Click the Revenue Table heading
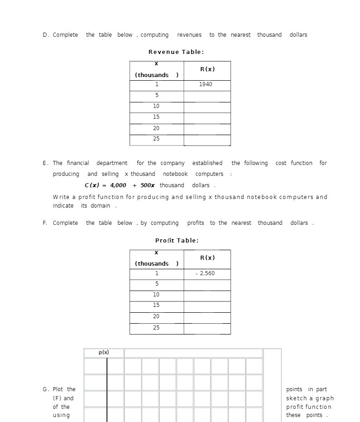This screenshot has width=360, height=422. click(176, 52)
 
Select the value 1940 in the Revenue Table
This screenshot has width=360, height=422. click(205, 84)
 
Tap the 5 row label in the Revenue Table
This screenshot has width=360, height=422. click(156, 95)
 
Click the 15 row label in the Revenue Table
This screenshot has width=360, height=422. click(156, 117)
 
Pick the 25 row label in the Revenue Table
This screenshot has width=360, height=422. click(156, 139)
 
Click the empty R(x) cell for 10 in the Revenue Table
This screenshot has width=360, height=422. click(207, 107)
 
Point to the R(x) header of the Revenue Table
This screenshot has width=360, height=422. click(207, 69)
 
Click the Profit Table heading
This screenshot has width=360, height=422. click(177, 241)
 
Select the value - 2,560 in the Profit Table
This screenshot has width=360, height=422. click(205, 273)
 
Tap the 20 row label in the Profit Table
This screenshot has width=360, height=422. click(156, 316)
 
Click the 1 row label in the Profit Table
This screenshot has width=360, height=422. click(156, 273)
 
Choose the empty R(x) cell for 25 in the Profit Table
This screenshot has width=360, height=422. click(207, 328)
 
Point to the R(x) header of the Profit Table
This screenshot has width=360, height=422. click(207, 258)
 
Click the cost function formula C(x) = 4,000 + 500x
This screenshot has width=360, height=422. click(120, 185)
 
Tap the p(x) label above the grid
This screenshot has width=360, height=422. click(104, 353)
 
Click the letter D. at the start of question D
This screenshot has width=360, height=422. click(46, 35)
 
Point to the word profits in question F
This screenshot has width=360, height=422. click(195, 223)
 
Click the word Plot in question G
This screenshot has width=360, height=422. click(58, 389)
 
